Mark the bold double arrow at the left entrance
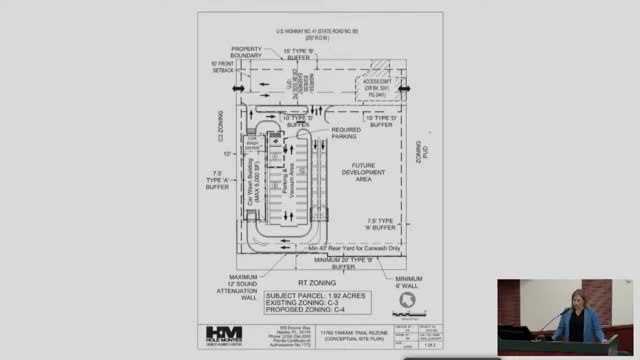(237, 89)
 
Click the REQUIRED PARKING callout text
(346, 133)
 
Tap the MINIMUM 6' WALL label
(408, 283)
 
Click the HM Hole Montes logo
(224, 335)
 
